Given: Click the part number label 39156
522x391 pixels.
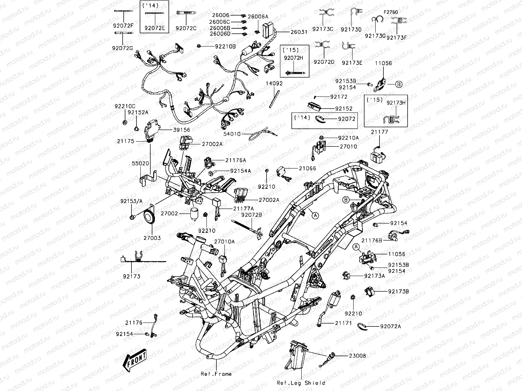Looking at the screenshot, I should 181,130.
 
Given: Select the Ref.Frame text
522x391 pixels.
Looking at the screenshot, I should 216,374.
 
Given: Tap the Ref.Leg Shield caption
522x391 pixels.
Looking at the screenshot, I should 301,383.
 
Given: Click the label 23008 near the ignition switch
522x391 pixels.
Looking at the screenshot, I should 357,356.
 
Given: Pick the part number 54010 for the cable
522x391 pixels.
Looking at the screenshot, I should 232,134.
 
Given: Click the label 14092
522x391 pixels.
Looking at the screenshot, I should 274,84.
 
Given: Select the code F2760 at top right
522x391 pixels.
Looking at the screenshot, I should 391,12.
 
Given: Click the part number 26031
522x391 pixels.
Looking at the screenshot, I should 299,32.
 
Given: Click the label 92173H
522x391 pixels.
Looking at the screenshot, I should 396,103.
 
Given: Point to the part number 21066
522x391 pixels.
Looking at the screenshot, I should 307,169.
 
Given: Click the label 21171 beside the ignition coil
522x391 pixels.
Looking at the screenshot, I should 343,323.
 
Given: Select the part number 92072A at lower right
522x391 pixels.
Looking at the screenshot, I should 390,326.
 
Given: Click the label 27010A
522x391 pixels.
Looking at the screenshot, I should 224,242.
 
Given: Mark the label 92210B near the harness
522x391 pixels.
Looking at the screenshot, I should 225,46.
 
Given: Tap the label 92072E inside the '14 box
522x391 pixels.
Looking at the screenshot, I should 155,28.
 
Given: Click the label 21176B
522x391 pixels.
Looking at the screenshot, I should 372,240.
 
